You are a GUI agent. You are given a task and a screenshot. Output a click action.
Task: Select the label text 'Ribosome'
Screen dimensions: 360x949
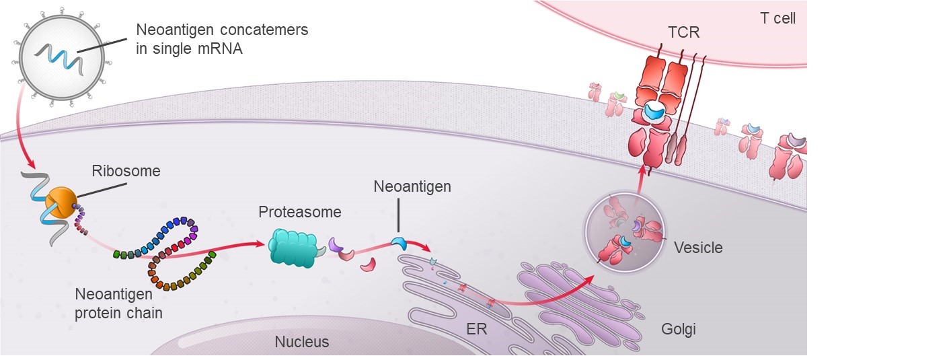pos(126,171)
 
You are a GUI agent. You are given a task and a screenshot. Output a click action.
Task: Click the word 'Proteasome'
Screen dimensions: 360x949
pos(299,212)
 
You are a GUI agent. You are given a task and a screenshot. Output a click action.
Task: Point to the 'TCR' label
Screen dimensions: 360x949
pos(683,32)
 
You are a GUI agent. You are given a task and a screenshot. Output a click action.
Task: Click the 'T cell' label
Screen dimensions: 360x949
pos(777,18)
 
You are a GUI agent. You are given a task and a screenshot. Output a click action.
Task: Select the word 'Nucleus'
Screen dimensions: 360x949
pos(302,342)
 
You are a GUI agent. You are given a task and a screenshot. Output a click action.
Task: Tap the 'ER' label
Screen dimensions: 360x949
pos(476,330)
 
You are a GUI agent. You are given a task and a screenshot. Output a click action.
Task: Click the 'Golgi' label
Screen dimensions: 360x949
pos(677,329)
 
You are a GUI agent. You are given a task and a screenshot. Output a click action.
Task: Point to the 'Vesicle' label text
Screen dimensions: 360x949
pos(698,248)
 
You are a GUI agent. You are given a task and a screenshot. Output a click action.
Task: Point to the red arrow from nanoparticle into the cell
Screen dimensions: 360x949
pos(27,141)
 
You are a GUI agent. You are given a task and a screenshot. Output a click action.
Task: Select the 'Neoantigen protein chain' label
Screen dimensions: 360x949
pos(119,303)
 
